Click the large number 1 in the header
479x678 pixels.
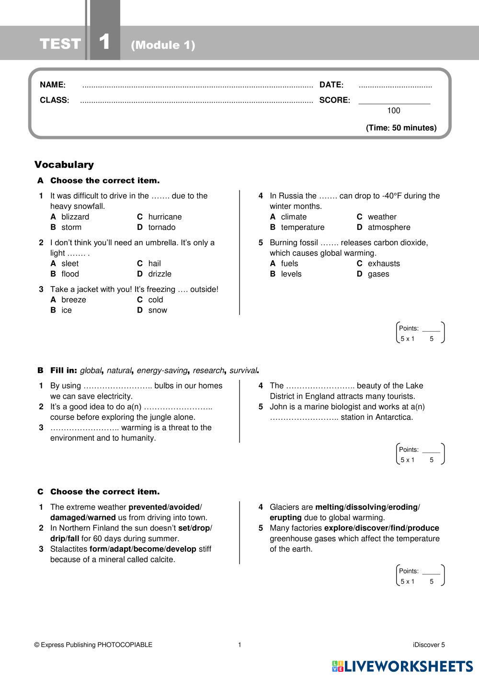click(x=104, y=42)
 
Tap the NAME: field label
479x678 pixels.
click(x=53, y=85)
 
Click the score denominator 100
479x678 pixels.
click(x=393, y=111)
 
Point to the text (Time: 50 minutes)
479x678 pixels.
click(x=401, y=128)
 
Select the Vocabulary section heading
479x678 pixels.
click(x=64, y=165)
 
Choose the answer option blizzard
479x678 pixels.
click(x=75, y=217)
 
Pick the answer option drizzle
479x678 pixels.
click(x=160, y=274)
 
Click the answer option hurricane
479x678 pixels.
click(x=165, y=217)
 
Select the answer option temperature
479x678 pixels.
click(x=302, y=228)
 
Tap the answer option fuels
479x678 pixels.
click(x=289, y=264)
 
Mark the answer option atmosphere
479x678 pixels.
click(x=389, y=228)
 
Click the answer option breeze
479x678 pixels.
click(x=74, y=300)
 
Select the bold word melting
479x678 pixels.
click(x=330, y=507)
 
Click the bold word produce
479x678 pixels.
click(x=423, y=528)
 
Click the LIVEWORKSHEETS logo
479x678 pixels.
click(x=402, y=666)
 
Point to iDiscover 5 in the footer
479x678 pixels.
click(x=428, y=645)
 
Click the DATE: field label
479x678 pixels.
click(x=331, y=85)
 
